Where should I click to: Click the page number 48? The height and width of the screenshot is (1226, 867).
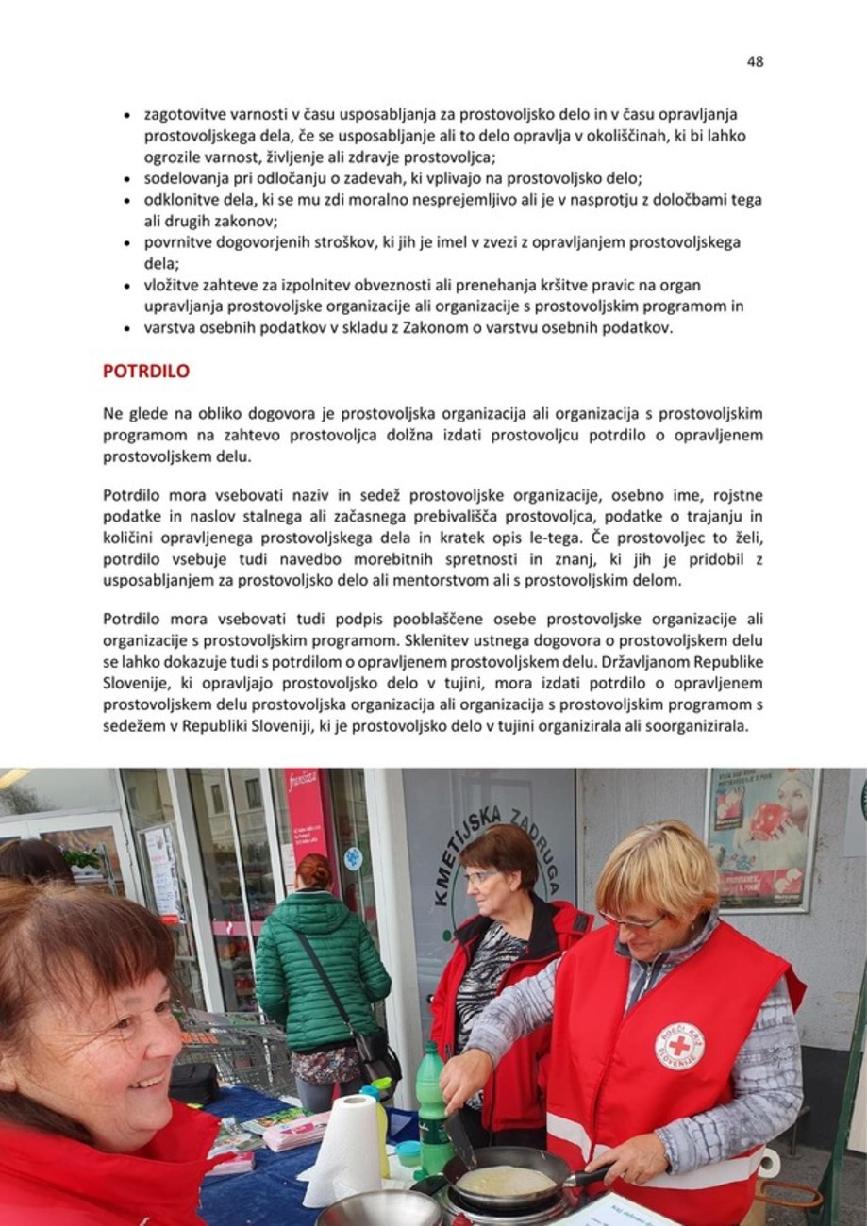click(755, 62)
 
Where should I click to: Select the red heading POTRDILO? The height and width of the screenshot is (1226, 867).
click(145, 372)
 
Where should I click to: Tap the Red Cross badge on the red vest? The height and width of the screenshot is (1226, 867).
click(679, 1046)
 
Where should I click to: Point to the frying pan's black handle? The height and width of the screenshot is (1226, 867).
click(588, 1176)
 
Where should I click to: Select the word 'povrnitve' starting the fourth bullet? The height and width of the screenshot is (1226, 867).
click(176, 242)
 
